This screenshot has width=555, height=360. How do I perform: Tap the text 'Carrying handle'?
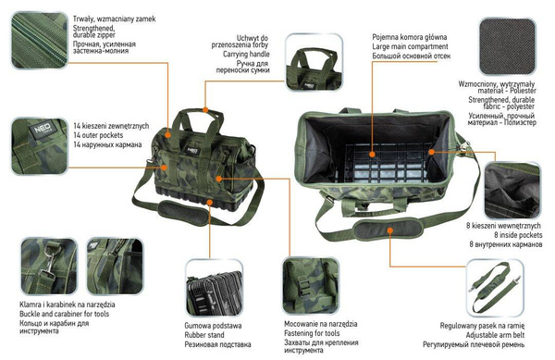pyautogui.click(x=240, y=54)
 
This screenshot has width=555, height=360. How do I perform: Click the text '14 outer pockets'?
pyautogui.click(x=101, y=135)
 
